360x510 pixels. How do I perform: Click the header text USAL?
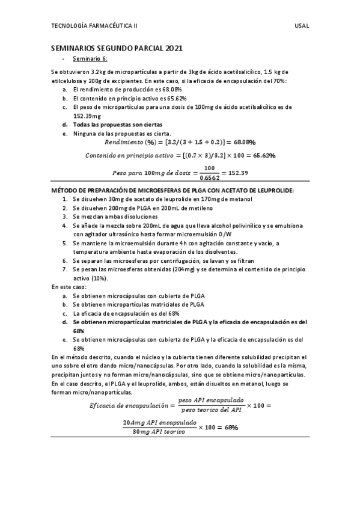302,26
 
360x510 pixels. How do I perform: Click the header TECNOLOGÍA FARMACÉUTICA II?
94,26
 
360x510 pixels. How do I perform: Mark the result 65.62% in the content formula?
263,155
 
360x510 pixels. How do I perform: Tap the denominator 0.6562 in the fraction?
209,177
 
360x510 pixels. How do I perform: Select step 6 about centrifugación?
163,261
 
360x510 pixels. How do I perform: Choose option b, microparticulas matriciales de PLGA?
138,304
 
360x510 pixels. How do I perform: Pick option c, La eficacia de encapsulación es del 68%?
126,313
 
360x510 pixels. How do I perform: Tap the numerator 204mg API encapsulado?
159,423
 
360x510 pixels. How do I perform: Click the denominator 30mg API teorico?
159,432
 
